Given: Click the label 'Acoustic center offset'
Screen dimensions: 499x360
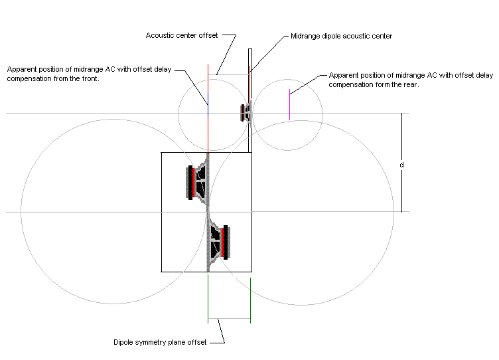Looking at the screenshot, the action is pyautogui.click(x=182, y=35).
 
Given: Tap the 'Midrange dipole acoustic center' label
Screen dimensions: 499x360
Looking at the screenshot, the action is pyautogui.click(x=342, y=36).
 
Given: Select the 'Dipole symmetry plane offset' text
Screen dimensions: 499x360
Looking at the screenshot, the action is pyautogui.click(x=160, y=342).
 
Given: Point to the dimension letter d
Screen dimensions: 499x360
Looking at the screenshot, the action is pyautogui.click(x=401, y=165).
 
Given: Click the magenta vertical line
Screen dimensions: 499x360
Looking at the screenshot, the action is pyautogui.click(x=289, y=104).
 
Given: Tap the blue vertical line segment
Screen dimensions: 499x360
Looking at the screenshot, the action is pyautogui.click(x=208, y=105).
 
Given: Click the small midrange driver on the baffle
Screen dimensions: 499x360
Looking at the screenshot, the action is pyautogui.click(x=246, y=113).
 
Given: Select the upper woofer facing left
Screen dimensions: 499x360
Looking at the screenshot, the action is pyautogui.click(x=198, y=183).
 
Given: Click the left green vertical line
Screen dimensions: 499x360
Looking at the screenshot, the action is pyautogui.click(x=208, y=299).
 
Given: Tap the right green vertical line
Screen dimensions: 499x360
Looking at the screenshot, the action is pyautogui.click(x=250, y=300).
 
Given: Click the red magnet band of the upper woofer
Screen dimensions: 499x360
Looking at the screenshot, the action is pyautogui.click(x=194, y=183).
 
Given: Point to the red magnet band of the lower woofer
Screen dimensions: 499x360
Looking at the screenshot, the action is pyautogui.click(x=222, y=242).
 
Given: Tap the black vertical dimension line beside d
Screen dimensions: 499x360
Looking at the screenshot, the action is pyautogui.click(x=401, y=163).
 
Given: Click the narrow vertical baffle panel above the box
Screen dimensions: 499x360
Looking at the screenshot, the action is pyautogui.click(x=250, y=100).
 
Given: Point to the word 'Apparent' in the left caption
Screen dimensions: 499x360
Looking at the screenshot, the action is pyautogui.click(x=21, y=70).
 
